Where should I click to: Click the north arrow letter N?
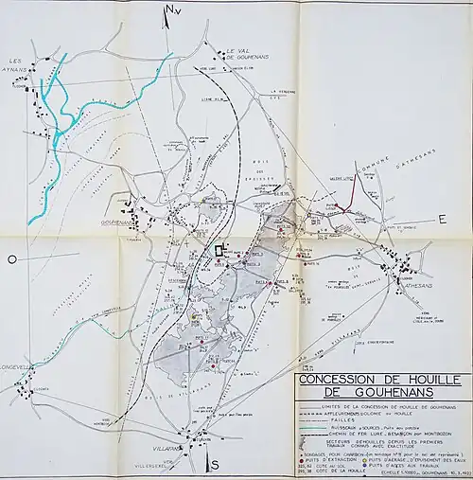coord(169,11)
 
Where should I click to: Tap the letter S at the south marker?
coord(215,464)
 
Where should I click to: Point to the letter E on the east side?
coord(441,219)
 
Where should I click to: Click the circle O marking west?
coord(12,258)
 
